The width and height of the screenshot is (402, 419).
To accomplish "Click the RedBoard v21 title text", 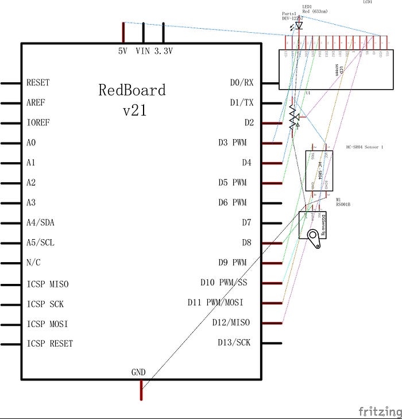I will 132,99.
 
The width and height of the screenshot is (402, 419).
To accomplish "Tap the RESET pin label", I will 38,83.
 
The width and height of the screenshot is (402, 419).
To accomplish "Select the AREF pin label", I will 36,103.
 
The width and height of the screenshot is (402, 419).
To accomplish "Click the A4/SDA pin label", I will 40,223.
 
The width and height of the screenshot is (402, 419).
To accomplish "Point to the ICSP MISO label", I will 48,284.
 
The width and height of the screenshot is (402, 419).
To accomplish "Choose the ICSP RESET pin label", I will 49,344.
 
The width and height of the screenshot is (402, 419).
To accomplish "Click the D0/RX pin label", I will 241,83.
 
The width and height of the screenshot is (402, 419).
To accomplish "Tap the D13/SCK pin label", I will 234,343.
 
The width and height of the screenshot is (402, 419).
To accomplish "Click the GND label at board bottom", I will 138,372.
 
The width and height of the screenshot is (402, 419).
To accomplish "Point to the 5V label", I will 122,51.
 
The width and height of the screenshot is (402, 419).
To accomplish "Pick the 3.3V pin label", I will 163,51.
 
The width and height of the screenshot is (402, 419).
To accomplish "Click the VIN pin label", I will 142,51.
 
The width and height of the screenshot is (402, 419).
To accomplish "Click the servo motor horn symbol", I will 314,238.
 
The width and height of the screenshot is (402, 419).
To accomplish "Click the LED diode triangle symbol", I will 299,25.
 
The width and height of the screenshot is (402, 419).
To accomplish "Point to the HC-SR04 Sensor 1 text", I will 364,147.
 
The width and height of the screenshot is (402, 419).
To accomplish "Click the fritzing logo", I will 380,412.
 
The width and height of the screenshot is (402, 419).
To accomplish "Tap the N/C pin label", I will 34,263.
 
